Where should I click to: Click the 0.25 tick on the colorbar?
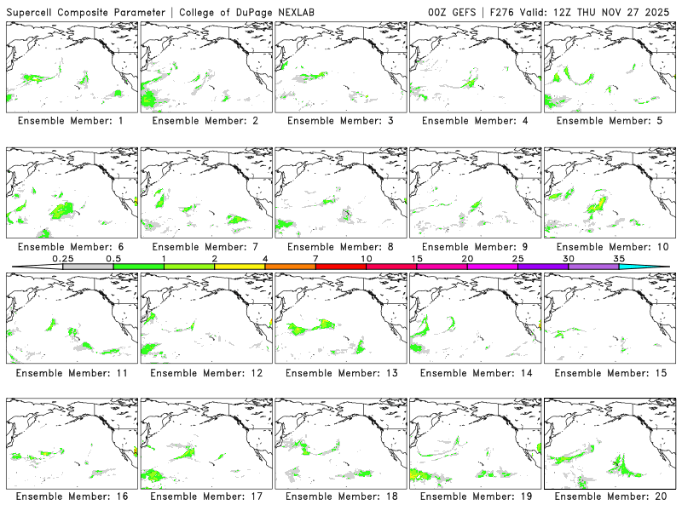click(x=62, y=258)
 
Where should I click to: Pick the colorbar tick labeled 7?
click(x=315, y=258)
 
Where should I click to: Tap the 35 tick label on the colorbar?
click(x=619, y=258)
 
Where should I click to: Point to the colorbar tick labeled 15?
click(x=417, y=258)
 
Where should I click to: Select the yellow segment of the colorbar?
click(x=240, y=267)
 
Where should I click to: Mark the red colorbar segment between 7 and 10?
click(x=341, y=267)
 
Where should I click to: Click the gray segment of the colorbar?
click(x=88, y=267)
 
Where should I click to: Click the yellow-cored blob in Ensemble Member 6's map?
click(x=62, y=207)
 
